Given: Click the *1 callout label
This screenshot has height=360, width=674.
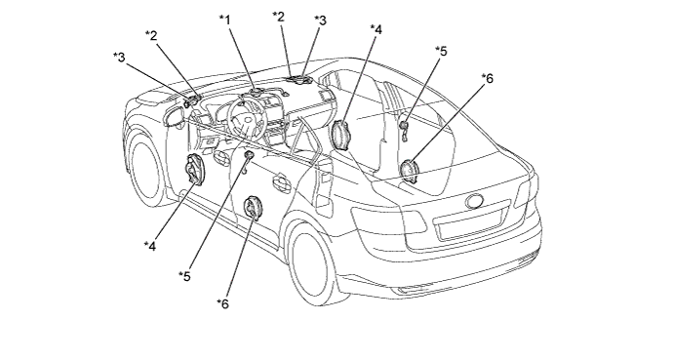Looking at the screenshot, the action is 224,20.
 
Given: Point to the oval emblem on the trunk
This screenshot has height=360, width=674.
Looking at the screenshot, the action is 475,201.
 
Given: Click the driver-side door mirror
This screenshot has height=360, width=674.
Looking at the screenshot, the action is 175,116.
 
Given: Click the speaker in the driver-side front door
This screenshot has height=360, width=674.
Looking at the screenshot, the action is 194,170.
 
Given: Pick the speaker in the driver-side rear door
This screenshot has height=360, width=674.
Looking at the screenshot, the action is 253,208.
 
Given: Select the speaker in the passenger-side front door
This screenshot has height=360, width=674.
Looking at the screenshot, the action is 341,135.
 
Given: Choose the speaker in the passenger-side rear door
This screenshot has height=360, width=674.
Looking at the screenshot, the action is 409,171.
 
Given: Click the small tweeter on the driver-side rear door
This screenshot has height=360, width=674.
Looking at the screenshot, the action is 248,155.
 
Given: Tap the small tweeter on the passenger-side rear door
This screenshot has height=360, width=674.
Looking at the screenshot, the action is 404,126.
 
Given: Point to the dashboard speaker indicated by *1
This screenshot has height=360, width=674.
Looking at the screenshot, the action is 257,93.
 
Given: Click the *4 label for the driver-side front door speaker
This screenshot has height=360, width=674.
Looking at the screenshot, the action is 150,246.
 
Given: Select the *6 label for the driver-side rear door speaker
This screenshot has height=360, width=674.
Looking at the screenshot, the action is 222,303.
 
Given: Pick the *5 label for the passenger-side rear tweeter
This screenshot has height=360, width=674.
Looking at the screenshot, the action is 441,51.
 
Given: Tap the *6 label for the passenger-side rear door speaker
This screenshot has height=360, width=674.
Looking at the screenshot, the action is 488,78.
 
